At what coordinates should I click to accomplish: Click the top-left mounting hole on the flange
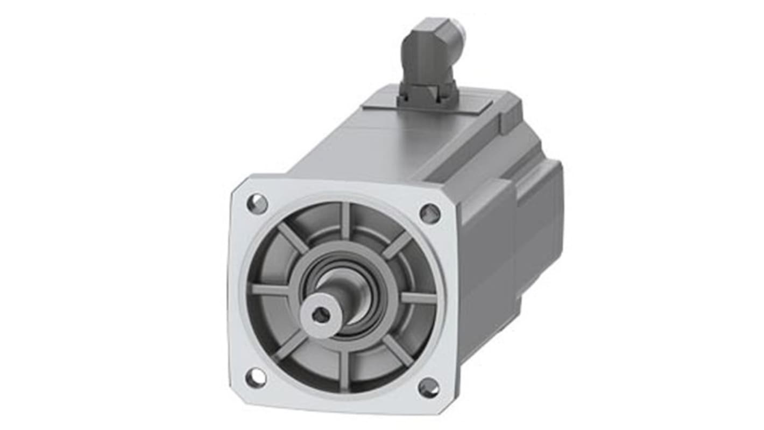(x=257, y=204)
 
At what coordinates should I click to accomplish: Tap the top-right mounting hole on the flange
(x=430, y=213)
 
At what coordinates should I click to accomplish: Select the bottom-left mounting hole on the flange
(x=256, y=377)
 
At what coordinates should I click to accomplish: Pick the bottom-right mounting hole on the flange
(x=428, y=387)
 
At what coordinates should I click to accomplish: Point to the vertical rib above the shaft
(x=345, y=221)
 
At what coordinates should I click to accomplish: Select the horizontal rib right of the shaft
(x=418, y=297)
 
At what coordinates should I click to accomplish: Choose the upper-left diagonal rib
(x=293, y=237)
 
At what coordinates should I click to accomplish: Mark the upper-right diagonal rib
(x=397, y=244)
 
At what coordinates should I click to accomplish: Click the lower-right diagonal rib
(x=398, y=350)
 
